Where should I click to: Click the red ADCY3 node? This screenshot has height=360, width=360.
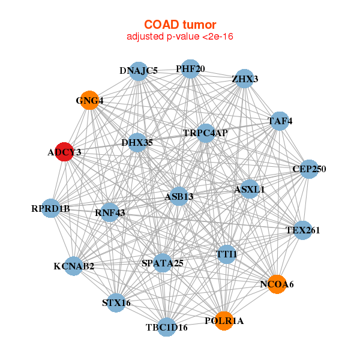pyautogui.click(x=64, y=152)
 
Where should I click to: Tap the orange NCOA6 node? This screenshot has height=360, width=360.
pyautogui.click(x=276, y=284)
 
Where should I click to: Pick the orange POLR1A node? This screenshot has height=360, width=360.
pyautogui.click(x=224, y=321)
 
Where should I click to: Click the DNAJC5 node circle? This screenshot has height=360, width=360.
pyautogui.click(x=139, y=71)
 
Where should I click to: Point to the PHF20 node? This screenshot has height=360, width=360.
pyautogui.click(x=190, y=69)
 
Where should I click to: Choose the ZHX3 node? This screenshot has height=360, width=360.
pyautogui.click(x=244, y=79)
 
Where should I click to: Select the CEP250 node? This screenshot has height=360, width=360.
pyautogui.click(x=309, y=169)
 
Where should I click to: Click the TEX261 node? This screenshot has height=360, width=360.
pyautogui.click(x=303, y=230)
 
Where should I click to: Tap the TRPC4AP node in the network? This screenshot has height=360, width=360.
pyautogui.click(x=205, y=133)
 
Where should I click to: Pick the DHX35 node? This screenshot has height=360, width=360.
pyautogui.click(x=137, y=142)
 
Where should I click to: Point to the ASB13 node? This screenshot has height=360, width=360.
pyautogui.click(x=179, y=196)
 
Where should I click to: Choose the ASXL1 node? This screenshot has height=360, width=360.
pyautogui.click(x=249, y=189)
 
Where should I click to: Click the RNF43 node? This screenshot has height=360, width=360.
pyautogui.click(x=109, y=212)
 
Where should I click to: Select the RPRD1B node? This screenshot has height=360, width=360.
pyautogui.click(x=52, y=209)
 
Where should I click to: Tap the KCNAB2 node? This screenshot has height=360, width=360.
pyautogui.click(x=73, y=266)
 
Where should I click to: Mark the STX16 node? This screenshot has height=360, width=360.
pyautogui.click(x=116, y=302)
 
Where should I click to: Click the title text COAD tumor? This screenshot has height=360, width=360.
pyautogui.click(x=180, y=25)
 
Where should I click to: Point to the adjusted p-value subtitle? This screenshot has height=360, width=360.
pyautogui.click(x=180, y=37)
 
